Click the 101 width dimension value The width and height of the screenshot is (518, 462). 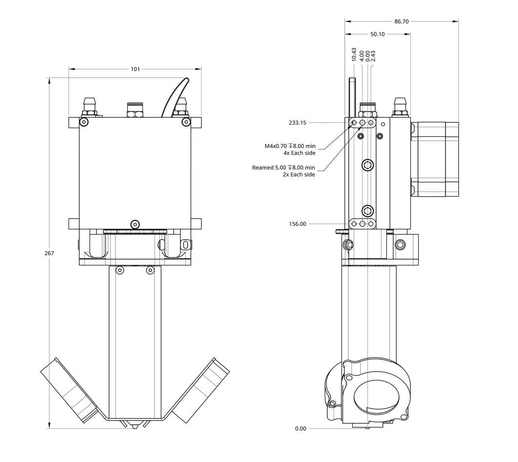[x=135, y=69]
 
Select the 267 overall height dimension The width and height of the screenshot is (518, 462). [x=49, y=253]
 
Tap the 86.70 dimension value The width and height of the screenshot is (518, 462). [x=401, y=22]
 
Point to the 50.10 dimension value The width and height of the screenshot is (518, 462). [x=377, y=34]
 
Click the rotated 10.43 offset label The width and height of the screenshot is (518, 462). [x=354, y=54]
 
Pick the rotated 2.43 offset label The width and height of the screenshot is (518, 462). [x=373, y=56]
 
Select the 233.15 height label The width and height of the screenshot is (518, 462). [x=297, y=123]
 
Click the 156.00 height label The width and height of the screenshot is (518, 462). [x=297, y=224]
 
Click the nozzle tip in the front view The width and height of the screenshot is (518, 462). [x=135, y=426]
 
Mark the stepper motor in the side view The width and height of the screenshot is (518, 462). [x=435, y=159]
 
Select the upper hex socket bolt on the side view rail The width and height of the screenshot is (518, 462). [x=367, y=165]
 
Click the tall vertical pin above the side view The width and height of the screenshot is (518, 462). [x=351, y=97]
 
